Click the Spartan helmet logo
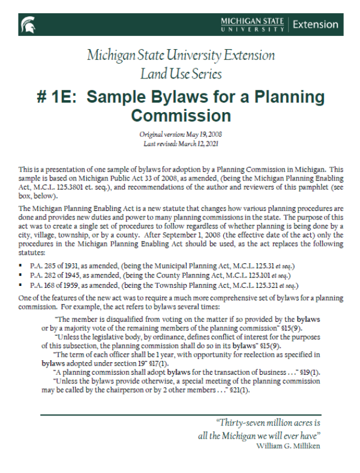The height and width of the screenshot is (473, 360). pos(28,24)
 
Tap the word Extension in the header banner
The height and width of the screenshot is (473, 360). pos(316,25)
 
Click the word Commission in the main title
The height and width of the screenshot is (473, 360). pos(181,114)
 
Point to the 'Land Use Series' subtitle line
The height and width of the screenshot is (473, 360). pos(181,74)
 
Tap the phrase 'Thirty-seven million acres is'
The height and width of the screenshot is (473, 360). pos(268,422)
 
